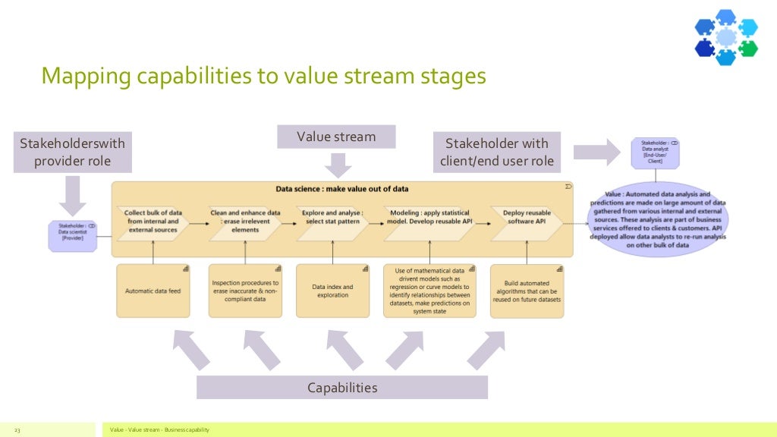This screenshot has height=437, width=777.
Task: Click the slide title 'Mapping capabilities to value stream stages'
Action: tap(263, 77)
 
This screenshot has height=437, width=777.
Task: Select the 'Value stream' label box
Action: tap(336, 137)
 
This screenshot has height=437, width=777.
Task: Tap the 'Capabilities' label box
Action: tap(341, 388)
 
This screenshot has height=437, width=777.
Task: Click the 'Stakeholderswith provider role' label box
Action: tap(72, 152)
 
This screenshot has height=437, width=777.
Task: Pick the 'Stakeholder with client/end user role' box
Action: tap(498, 152)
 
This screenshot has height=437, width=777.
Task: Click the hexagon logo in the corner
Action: tap(726, 36)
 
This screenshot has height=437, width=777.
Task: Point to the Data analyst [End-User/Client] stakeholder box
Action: tap(655, 152)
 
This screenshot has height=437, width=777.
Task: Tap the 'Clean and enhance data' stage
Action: tap(244, 222)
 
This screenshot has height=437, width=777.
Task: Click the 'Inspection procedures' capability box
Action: tap(244, 291)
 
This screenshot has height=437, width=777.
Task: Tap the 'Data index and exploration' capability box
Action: tap(332, 291)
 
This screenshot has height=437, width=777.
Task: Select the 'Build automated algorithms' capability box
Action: tap(527, 291)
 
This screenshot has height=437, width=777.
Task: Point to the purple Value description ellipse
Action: tap(657, 219)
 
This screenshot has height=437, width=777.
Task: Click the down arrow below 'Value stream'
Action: tap(336, 164)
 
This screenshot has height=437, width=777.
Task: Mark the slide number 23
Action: tap(17, 430)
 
